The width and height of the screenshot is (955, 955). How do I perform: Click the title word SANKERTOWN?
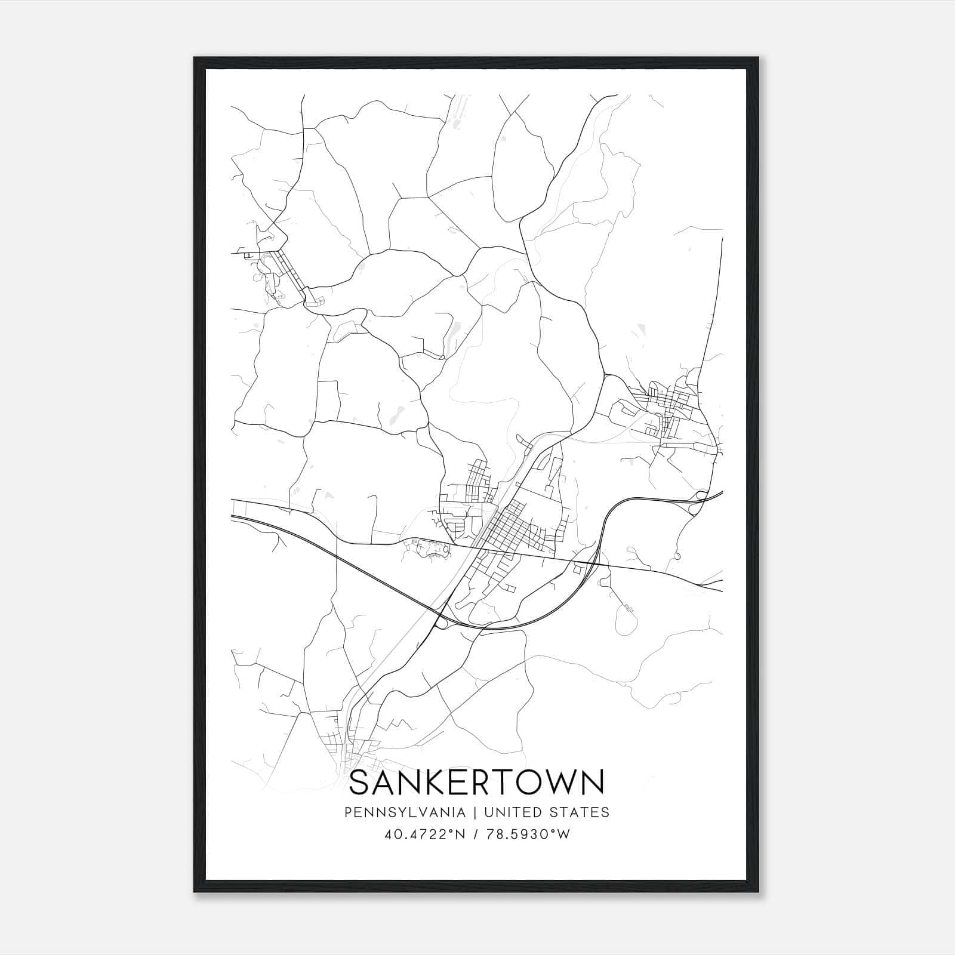tap(477, 783)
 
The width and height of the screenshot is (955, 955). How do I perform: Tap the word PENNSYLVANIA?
tap(396, 812)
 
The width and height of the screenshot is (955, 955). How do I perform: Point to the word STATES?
tap(584, 812)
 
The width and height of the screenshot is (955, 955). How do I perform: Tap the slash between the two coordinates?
tap(475, 834)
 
